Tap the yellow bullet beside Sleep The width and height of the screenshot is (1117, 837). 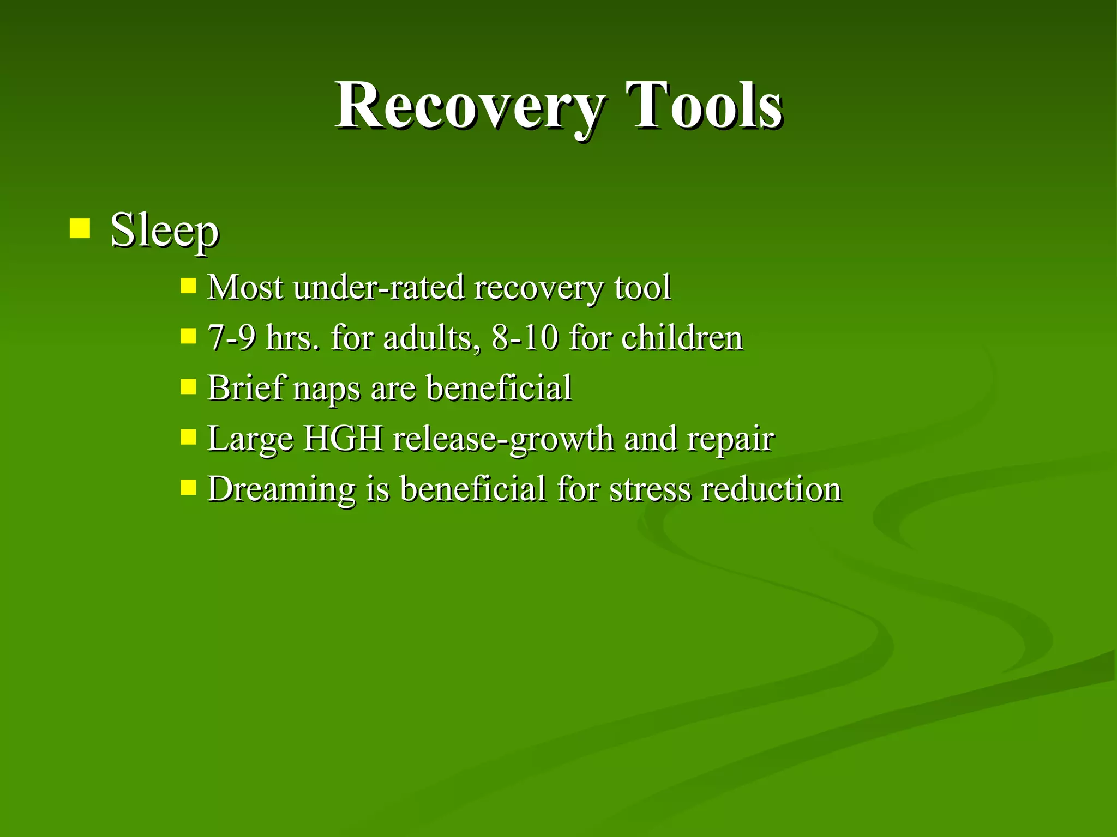(80, 229)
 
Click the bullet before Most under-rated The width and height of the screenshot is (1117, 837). (188, 286)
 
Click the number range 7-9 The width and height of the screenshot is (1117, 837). (231, 337)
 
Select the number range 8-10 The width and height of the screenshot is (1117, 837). (525, 337)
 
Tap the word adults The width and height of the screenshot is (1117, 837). (427, 337)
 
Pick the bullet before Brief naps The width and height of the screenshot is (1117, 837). (188, 386)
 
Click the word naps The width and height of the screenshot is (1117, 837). (327, 389)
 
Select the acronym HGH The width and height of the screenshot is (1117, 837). (343, 438)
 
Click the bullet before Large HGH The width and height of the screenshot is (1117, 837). (188, 437)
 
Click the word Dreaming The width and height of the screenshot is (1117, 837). (281, 489)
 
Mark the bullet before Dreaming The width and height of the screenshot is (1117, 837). (188, 487)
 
